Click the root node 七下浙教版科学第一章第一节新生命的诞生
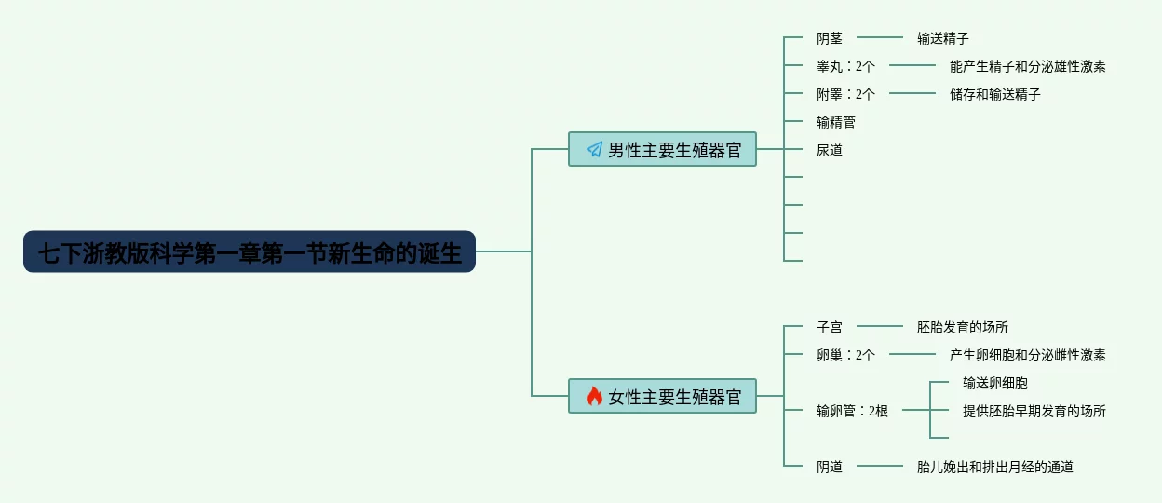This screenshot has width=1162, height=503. pos(250,252)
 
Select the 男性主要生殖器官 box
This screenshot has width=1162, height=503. pos(662,149)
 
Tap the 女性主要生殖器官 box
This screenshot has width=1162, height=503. pos(662,397)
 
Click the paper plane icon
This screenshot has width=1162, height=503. pos(594,149)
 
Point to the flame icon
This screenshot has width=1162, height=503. pos(594,397)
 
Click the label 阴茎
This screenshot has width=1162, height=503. pos(830,38)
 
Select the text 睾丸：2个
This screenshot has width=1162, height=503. pos(845,66)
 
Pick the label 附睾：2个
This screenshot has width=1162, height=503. pos(845,94)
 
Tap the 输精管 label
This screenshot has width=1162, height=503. pos(836,122)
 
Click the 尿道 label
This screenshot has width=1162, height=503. pos(830,150)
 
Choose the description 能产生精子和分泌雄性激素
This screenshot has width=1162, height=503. pos(1028,66)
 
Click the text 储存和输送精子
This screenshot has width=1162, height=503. pos(995,94)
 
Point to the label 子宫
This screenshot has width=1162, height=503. pos(830,327)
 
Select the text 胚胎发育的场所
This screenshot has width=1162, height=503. pos(963,327)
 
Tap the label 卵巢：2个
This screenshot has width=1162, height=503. pos(845,355)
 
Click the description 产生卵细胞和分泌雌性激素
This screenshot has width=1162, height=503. pos(1028,355)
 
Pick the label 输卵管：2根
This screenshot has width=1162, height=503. pos(852,411)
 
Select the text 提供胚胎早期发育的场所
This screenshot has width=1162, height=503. pos(1034,411)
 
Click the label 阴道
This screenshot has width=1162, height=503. pos(830,467)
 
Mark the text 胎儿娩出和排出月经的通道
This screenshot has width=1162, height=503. pos(995,467)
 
